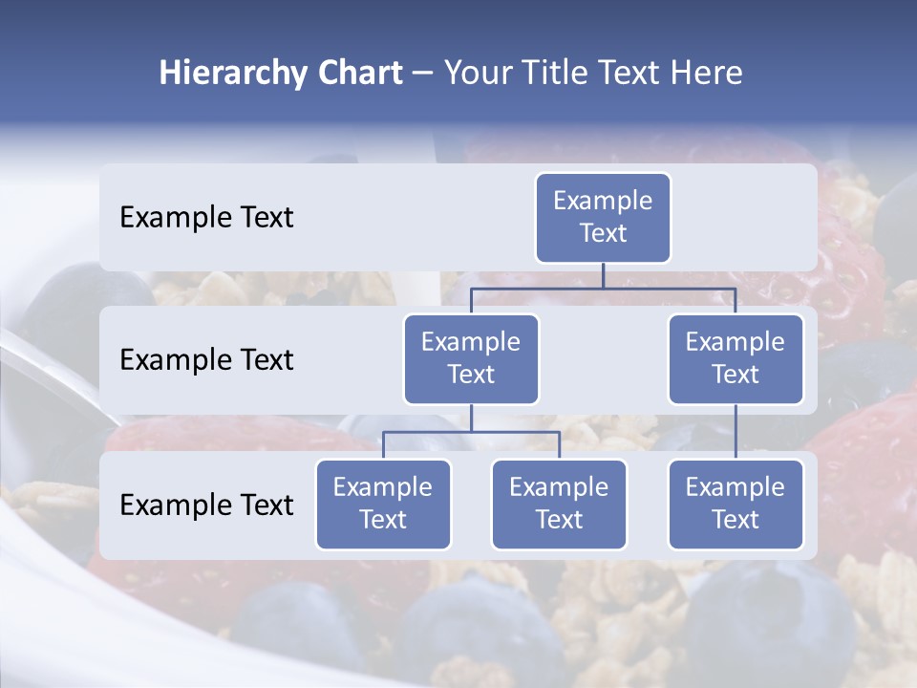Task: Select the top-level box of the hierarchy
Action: [x=603, y=218]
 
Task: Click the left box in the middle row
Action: [x=471, y=359]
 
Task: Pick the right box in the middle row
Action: [x=736, y=359]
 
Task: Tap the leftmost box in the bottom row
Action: [x=383, y=505]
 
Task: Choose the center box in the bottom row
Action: [x=559, y=505]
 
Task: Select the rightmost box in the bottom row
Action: [x=736, y=505]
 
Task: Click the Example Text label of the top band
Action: [x=206, y=218]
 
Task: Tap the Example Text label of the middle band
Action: [x=206, y=360]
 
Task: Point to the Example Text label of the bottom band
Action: [x=206, y=505]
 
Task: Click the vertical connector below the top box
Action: [x=603, y=275]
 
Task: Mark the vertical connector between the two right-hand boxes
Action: [x=736, y=432]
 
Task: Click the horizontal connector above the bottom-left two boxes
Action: [x=471, y=432]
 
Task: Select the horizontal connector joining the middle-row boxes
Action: [x=669, y=288]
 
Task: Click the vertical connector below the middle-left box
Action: [x=471, y=419]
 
